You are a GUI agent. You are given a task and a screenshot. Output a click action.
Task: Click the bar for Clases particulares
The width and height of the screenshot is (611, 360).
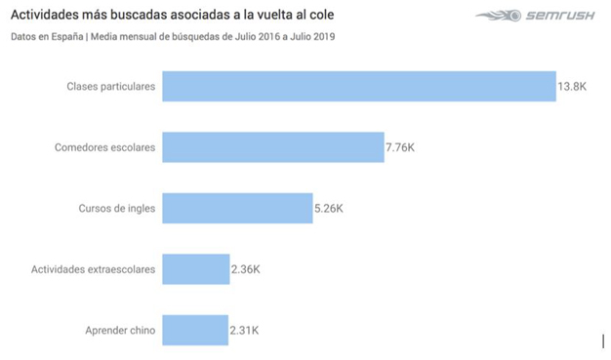click(358, 86)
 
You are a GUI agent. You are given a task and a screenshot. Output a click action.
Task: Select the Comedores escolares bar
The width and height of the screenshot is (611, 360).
click(273, 147)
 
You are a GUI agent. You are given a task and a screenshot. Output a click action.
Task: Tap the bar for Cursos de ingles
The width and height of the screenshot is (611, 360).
click(237, 208)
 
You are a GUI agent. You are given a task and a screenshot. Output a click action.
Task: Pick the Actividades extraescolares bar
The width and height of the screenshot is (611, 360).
click(195, 268)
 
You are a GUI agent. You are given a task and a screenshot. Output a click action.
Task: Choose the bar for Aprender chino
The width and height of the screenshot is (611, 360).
click(194, 330)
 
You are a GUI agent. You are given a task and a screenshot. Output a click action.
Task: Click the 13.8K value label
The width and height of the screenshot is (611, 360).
click(571, 87)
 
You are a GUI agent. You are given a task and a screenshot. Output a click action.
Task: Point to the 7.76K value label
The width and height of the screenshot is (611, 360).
click(402, 147)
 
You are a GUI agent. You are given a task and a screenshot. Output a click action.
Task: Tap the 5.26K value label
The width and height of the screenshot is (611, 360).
click(329, 209)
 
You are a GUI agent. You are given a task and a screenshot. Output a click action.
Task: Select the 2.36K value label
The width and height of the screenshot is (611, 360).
click(246, 269)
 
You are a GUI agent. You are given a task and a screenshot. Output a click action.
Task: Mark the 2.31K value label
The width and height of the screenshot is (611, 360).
click(244, 331)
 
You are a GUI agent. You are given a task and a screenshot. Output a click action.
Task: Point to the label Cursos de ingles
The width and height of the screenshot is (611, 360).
click(116, 209)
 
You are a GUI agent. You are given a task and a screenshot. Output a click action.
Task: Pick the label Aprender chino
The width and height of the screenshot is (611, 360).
click(120, 331)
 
